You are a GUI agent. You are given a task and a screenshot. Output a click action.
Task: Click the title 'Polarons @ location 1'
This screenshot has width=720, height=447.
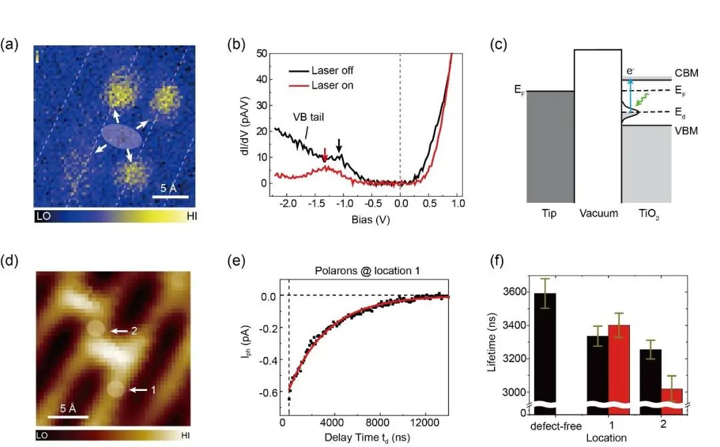coord(363,270)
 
